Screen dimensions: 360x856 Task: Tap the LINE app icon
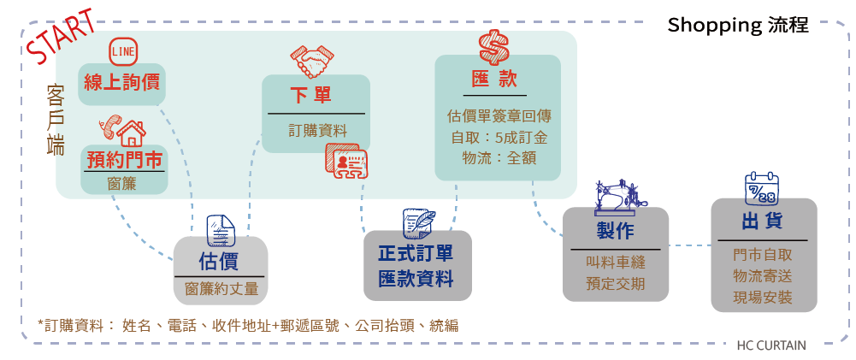(x=123, y=51)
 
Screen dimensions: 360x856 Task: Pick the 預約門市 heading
(x=124, y=160)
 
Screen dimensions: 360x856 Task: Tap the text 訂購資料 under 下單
(x=316, y=130)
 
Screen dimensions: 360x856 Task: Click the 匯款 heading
(x=495, y=80)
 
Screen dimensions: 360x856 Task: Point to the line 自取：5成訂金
(x=498, y=137)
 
